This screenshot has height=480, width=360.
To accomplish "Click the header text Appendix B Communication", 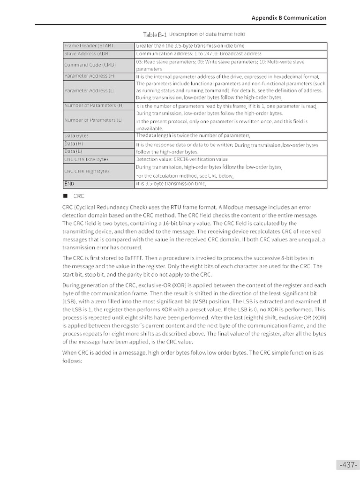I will tap(289, 18).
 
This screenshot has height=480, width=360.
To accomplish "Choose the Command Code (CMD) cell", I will tap(90, 65).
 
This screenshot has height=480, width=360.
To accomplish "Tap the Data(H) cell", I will tap(74, 143).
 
